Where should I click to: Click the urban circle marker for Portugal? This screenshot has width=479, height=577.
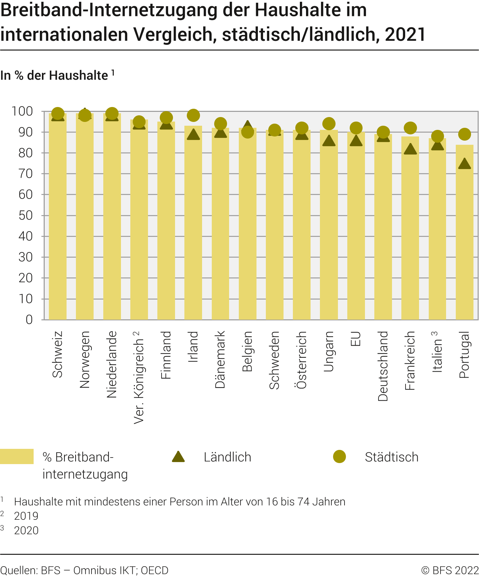pos(464,134)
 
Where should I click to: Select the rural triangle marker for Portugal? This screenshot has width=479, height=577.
pos(464,164)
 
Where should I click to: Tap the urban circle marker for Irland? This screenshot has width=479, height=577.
pos(193,115)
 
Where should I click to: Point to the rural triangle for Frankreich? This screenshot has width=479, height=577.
pos(410,149)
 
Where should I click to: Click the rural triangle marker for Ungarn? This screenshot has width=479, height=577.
pos(329,141)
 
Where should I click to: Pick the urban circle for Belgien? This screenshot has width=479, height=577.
pos(247,132)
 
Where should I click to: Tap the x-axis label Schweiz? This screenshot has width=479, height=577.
pos(58,354)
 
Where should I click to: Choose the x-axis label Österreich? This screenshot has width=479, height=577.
pos(302,360)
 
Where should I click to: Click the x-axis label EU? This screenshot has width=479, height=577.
pos(356,339)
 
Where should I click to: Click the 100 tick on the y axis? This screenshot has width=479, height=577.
pos(22,112)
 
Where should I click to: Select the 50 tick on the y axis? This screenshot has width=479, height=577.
pos(25,215)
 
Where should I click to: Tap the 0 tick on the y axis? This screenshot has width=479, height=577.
pos(29,320)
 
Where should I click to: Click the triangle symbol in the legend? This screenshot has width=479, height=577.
pos(178,457)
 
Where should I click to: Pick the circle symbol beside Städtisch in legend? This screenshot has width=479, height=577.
pos(339,457)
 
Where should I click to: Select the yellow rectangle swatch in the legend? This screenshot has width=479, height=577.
pos(17,456)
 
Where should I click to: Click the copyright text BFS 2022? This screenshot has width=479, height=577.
pos(450,570)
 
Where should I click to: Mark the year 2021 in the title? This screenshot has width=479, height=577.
pos(405,35)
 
